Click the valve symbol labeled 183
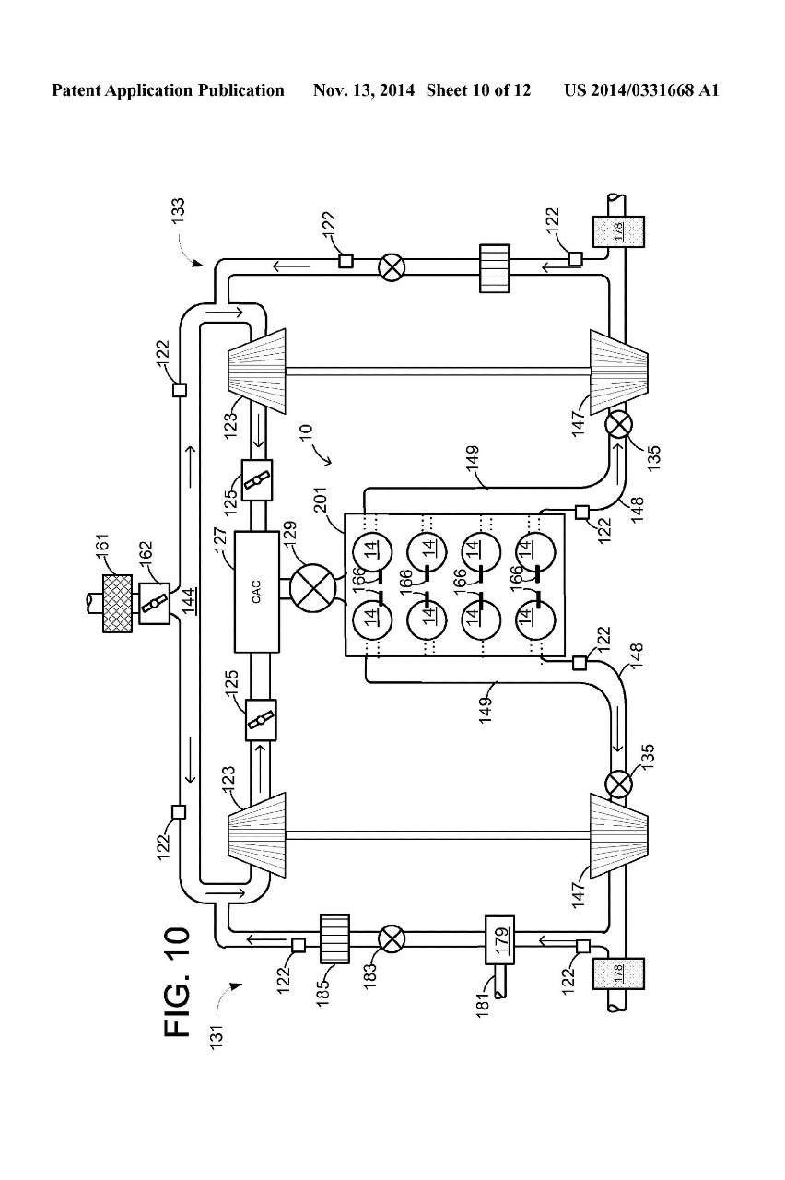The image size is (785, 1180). coord(392,938)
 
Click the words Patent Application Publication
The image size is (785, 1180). coord(168,90)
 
